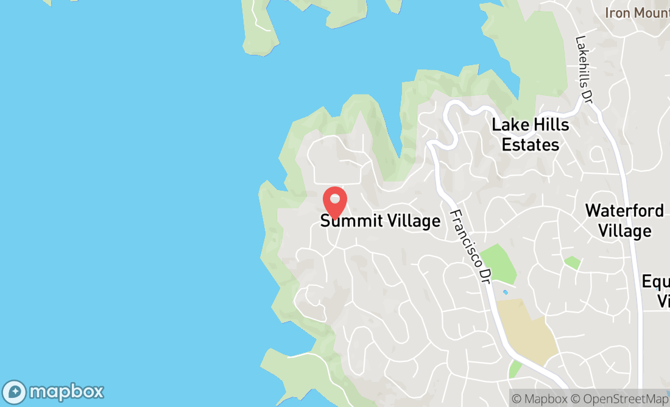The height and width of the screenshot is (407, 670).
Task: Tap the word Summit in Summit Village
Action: pyautogui.click(x=347, y=221)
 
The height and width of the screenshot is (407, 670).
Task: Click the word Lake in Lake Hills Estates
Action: pyautogui.click(x=508, y=126)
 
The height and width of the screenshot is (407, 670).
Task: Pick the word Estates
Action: pyautogui.click(x=531, y=144)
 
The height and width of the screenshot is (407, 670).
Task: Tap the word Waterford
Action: pyautogui.click(x=624, y=211)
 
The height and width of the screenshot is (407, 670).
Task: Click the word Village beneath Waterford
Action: pyautogui.click(x=624, y=231)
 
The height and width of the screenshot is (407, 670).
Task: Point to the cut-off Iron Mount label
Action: pyautogui.click(x=637, y=12)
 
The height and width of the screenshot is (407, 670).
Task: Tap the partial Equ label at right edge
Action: pyautogui.click(x=656, y=281)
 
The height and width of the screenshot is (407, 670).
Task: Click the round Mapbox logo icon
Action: pyautogui.click(x=15, y=392)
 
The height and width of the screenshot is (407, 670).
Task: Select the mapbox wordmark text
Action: pyautogui.click(x=66, y=392)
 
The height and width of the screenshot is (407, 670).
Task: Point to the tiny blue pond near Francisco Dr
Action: pyautogui.click(x=505, y=292)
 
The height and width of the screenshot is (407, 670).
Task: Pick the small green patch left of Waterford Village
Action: pyautogui.click(x=572, y=263)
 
